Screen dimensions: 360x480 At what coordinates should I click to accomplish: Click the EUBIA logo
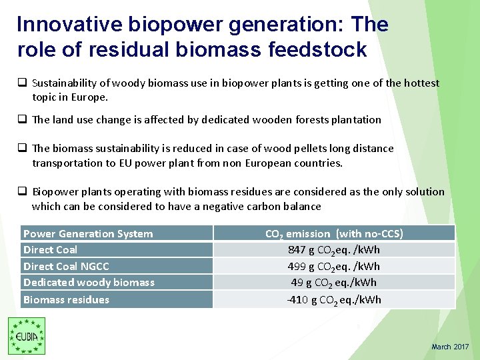[27, 336]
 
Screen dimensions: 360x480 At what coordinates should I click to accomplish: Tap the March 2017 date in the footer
[450, 347]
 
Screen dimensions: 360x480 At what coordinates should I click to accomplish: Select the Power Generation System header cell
[88, 233]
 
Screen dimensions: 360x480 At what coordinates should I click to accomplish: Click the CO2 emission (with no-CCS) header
[334, 233]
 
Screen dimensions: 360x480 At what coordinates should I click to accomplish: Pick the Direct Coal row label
[50, 249]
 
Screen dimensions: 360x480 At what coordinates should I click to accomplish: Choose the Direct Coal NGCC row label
[66, 266]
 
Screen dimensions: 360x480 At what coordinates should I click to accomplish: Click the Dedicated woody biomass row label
[89, 282]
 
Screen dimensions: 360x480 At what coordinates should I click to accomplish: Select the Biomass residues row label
[66, 299]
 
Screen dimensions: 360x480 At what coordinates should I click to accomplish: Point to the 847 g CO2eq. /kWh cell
[334, 249]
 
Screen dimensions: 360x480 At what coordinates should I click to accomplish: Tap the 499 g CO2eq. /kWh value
[334, 266]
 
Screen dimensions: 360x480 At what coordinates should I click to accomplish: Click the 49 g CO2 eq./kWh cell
[334, 282]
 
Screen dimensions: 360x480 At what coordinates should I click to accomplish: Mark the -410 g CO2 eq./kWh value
[334, 299]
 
